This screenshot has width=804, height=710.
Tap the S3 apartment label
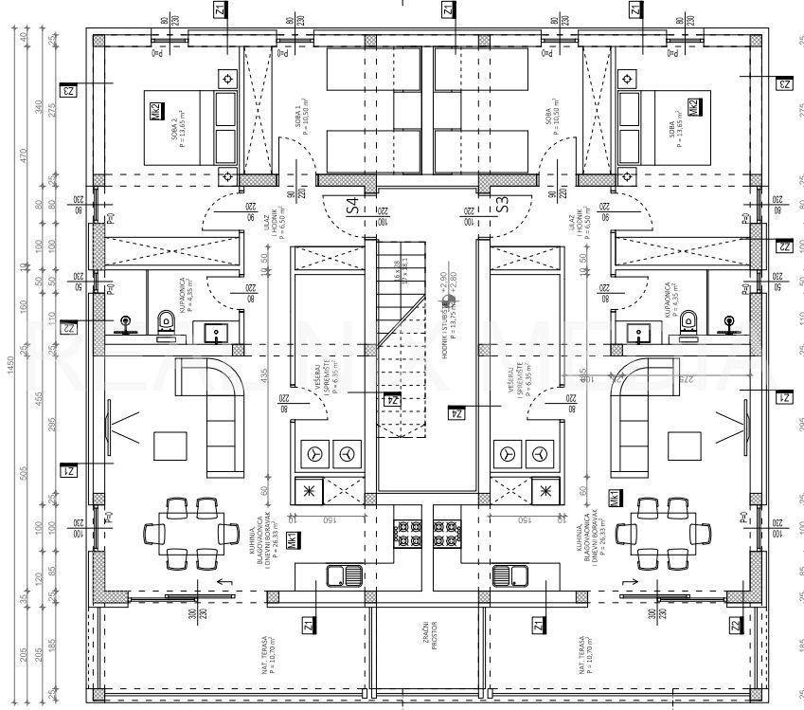tap(502, 204)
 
